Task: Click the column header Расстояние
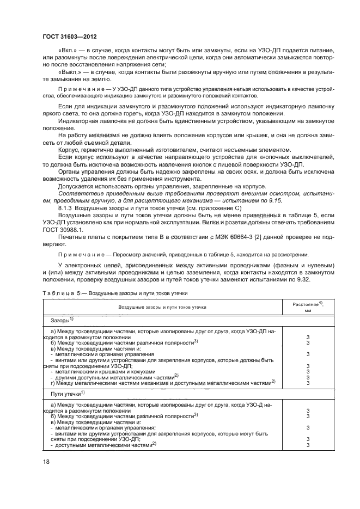point(304,304)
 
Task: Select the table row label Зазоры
point(60,321)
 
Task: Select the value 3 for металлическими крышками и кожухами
point(308,372)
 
